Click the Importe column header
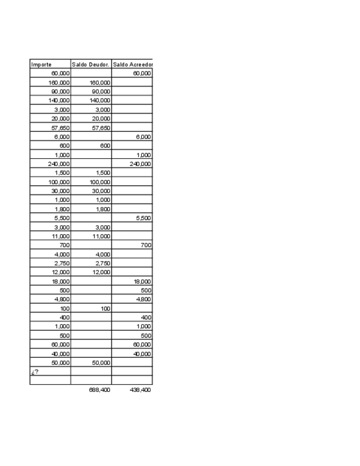[41, 64]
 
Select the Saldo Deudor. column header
[91, 64]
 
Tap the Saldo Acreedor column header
[132, 64]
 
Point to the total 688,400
[99, 390]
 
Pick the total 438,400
[140, 390]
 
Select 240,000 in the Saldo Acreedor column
[140, 163]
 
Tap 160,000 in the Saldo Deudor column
[99, 82]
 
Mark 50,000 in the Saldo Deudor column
[101, 363]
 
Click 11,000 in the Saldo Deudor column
[101, 236]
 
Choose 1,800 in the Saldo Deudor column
[102, 209]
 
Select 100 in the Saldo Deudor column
[105, 308]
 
